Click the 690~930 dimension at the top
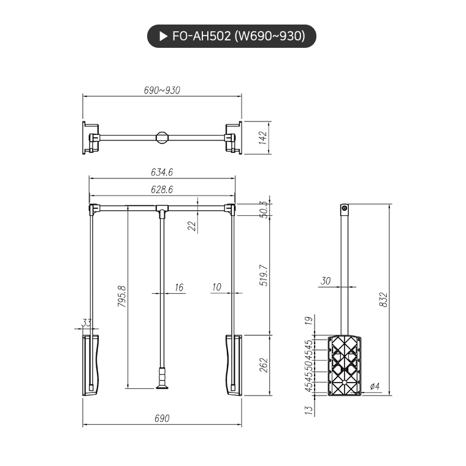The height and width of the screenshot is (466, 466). (162, 90)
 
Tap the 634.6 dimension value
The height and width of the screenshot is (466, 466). (162, 172)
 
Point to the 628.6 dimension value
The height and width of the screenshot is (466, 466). (162, 190)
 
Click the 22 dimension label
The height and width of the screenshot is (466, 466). (191, 225)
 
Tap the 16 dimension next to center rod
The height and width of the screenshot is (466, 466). (178, 287)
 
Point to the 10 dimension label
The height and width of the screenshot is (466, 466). (216, 287)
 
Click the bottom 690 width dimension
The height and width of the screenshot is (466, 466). (162, 418)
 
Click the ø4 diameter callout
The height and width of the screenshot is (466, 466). (375, 386)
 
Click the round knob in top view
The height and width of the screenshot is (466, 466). (162, 137)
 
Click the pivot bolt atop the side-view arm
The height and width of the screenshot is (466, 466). (345, 209)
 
